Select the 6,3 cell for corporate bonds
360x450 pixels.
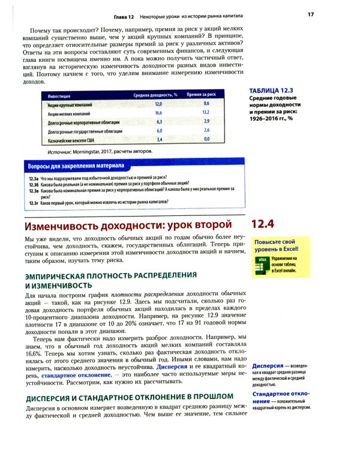(159, 121)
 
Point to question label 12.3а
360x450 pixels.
(34, 178)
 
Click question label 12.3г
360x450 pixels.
(34, 203)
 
